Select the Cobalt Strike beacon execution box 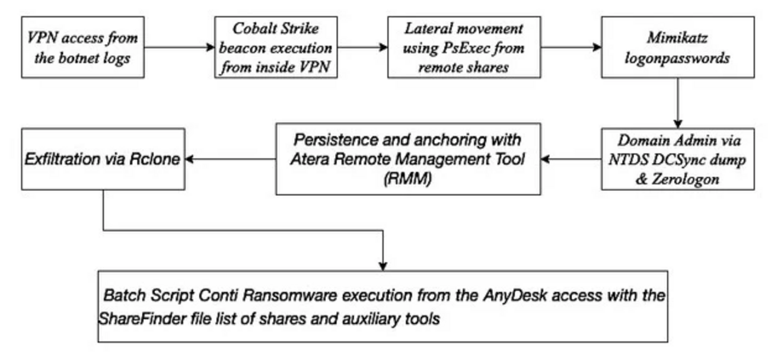click(276, 48)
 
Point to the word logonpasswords click(678, 59)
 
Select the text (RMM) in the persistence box click(408, 179)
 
